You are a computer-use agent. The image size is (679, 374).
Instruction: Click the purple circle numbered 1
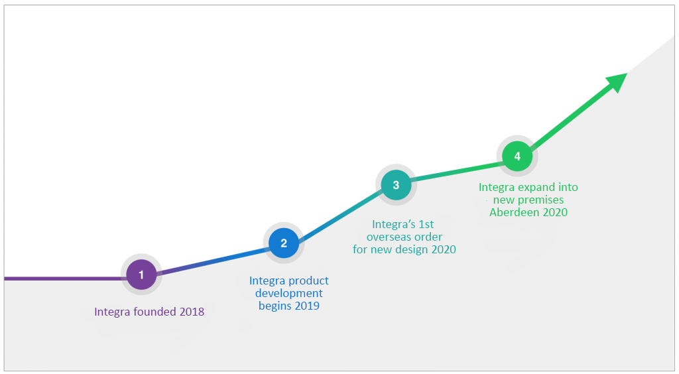pyautogui.click(x=141, y=275)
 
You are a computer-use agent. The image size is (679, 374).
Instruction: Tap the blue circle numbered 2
pyautogui.click(x=284, y=243)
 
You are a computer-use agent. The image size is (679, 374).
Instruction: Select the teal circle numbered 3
pyautogui.click(x=396, y=185)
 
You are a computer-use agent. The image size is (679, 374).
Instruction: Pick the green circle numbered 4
pyautogui.click(x=517, y=156)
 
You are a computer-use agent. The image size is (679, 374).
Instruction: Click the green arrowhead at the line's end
pyautogui.click(x=617, y=82)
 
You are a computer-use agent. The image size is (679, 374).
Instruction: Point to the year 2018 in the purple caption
pyautogui.click(x=192, y=312)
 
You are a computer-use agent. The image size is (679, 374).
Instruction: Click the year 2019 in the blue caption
pyautogui.click(x=307, y=306)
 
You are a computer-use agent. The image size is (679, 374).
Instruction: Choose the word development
pyautogui.click(x=289, y=294)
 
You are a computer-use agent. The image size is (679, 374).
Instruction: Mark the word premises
pyautogui.click(x=540, y=200)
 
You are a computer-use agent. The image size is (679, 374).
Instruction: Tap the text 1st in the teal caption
pyautogui.click(x=426, y=224)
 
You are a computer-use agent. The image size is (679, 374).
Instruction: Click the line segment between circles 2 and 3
pyautogui.click(x=340, y=214)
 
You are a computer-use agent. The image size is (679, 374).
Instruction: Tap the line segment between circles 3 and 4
pyautogui.click(x=456, y=170)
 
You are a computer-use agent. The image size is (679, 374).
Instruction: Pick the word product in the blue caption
pyautogui.click(x=308, y=281)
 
